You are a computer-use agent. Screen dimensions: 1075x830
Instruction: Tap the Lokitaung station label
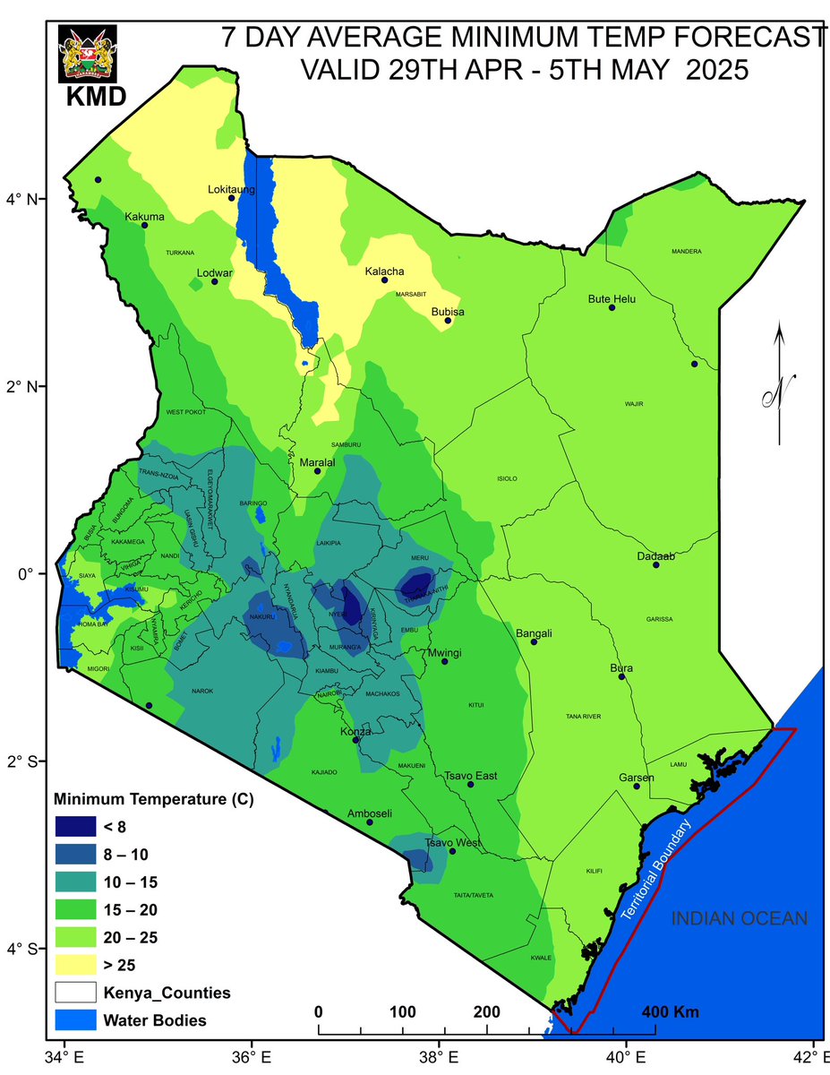(231, 190)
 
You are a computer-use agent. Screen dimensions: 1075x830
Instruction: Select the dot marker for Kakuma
(144, 225)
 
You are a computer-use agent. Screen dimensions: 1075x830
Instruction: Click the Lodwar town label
(215, 272)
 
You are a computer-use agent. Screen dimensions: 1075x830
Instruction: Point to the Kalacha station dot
(385, 280)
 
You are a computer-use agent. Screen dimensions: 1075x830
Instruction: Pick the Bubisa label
(449, 312)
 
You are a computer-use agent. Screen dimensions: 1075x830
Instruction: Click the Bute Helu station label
(612, 298)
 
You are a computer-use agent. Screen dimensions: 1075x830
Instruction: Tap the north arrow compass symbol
(779, 385)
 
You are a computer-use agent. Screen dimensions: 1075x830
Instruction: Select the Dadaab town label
(655, 556)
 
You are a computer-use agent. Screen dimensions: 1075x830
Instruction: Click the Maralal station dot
(317, 471)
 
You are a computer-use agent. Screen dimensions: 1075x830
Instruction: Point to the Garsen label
(637, 778)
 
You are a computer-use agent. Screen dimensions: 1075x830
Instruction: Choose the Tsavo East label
(471, 776)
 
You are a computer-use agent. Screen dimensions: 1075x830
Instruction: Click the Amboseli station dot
(370, 821)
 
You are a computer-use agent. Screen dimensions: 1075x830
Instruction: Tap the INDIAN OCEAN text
(740, 918)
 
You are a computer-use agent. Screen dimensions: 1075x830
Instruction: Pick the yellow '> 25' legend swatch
(78, 965)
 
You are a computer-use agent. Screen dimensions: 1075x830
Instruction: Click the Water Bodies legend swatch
(78, 1019)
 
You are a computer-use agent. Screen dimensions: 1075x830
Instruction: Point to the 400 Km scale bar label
(671, 1012)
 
